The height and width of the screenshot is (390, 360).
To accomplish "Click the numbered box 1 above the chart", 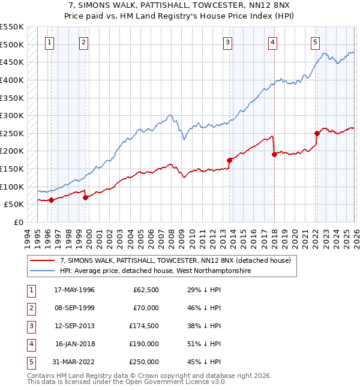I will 49,42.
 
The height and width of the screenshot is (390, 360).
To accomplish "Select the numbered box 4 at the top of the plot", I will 272,42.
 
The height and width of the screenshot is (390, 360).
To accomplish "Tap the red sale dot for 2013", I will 229,160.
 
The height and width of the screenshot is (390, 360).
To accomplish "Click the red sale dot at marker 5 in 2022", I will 317,133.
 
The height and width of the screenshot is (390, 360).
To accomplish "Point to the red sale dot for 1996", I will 51,200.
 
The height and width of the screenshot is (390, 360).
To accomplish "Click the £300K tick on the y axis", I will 13,115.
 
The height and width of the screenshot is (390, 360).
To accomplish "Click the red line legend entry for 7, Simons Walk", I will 175,260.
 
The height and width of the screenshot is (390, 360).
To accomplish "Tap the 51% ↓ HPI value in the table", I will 204,344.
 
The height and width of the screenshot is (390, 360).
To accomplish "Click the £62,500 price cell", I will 145,290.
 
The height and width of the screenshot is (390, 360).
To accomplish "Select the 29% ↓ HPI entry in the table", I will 204,290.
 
